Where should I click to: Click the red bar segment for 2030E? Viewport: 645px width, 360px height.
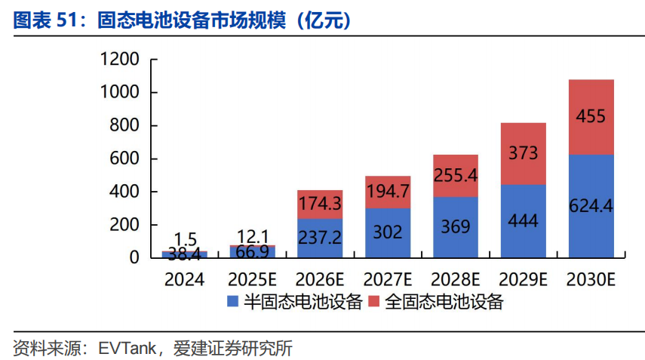point(591,117)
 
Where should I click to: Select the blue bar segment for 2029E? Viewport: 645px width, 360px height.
point(524,221)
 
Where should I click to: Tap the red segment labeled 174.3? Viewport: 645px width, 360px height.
point(320,205)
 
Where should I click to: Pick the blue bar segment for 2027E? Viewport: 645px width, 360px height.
point(388,233)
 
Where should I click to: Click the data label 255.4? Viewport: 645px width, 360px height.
point(456,176)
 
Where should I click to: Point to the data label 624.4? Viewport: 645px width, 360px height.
point(591,206)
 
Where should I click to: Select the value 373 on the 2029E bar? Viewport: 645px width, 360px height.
point(524,153)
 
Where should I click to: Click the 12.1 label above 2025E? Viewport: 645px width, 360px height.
point(253,236)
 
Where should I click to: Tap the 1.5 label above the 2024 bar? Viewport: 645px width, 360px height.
point(185,239)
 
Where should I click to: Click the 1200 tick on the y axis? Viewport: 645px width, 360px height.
point(120,60)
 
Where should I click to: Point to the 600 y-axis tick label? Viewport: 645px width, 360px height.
point(124,158)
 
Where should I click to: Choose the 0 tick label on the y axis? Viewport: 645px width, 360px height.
point(134,258)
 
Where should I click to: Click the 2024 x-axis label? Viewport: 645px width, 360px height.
point(184,280)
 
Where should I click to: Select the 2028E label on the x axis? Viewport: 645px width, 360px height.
point(456,280)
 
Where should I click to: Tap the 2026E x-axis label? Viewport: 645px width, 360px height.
point(320,280)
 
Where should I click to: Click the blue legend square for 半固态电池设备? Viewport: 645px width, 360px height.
point(233,302)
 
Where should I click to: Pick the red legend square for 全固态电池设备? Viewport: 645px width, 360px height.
point(373,302)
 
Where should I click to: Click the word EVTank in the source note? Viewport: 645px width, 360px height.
point(127,349)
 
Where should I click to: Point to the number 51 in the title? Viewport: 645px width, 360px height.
point(66,20)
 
